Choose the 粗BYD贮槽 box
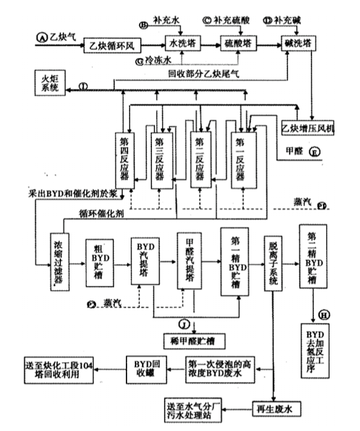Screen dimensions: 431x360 coord(98,262)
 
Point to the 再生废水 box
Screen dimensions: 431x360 coord(277,408)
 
